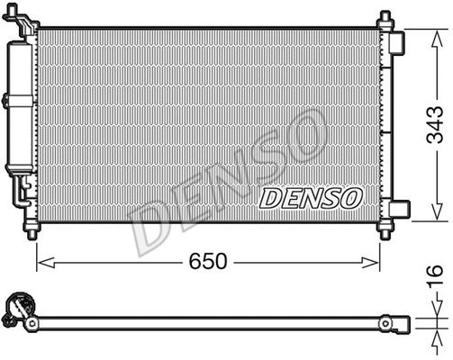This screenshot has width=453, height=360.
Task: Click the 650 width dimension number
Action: [x=208, y=262]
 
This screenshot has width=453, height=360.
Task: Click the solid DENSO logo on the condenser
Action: [x=311, y=197]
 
